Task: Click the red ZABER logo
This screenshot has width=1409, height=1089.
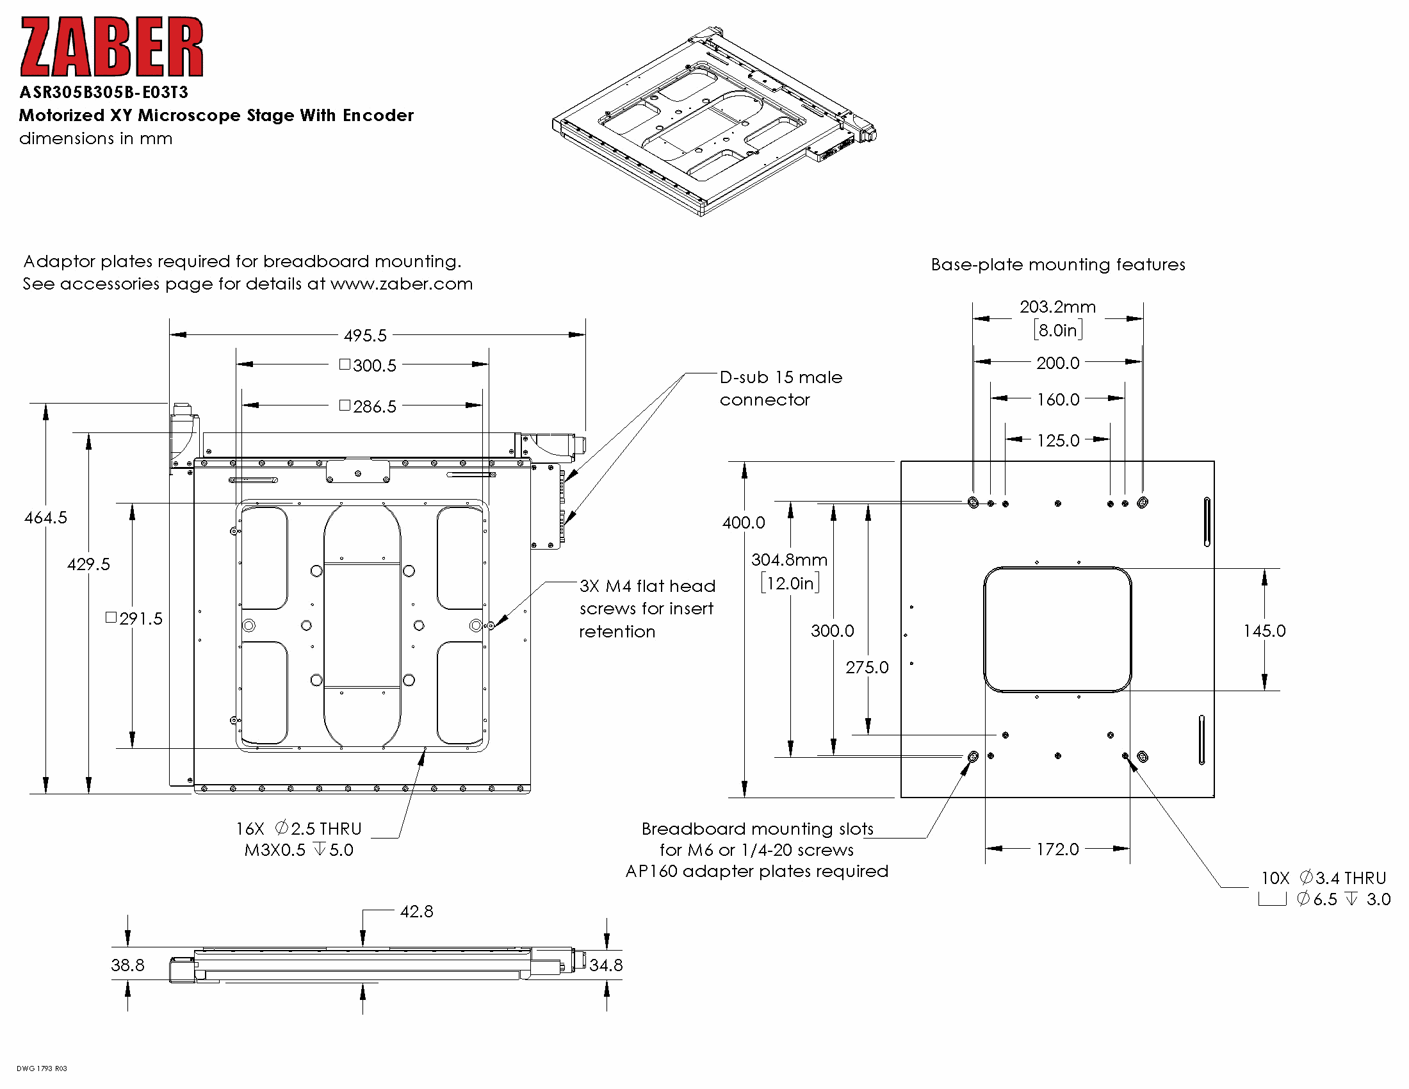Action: [111, 47]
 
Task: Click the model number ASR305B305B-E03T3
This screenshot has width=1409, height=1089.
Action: [104, 92]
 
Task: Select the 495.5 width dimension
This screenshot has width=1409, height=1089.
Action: [365, 336]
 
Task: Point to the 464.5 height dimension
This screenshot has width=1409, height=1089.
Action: [45, 518]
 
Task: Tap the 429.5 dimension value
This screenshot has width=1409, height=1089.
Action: [88, 564]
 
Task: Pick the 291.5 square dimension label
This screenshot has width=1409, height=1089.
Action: [134, 619]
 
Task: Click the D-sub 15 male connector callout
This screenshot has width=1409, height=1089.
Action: [781, 388]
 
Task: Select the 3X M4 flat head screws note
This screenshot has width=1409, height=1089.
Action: [647, 609]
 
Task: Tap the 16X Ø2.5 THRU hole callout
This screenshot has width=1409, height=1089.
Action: [298, 839]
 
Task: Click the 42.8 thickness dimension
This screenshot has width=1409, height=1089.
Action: [416, 912]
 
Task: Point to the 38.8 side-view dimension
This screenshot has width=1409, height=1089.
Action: [127, 965]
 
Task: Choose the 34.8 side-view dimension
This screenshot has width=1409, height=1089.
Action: [606, 965]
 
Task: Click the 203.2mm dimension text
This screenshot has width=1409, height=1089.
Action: [1057, 307]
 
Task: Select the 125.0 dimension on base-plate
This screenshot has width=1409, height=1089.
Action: [1057, 441]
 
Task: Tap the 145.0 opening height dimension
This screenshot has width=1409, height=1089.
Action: [1264, 631]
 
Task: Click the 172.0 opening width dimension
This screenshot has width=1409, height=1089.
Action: [1057, 849]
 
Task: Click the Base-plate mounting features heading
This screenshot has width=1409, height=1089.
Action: [1057, 265]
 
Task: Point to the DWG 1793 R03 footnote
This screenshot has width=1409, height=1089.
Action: [42, 1069]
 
